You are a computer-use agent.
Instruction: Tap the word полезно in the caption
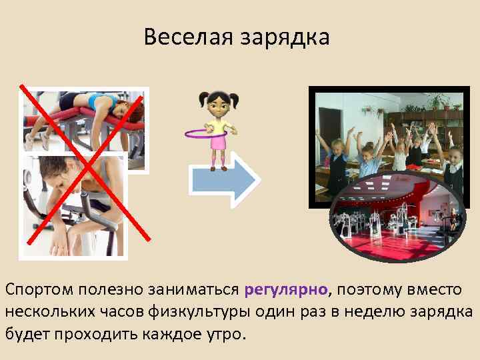[x=111, y=290]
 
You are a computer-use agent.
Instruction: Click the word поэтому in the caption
[x=371, y=290]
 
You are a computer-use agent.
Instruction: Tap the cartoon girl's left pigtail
[x=203, y=100]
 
